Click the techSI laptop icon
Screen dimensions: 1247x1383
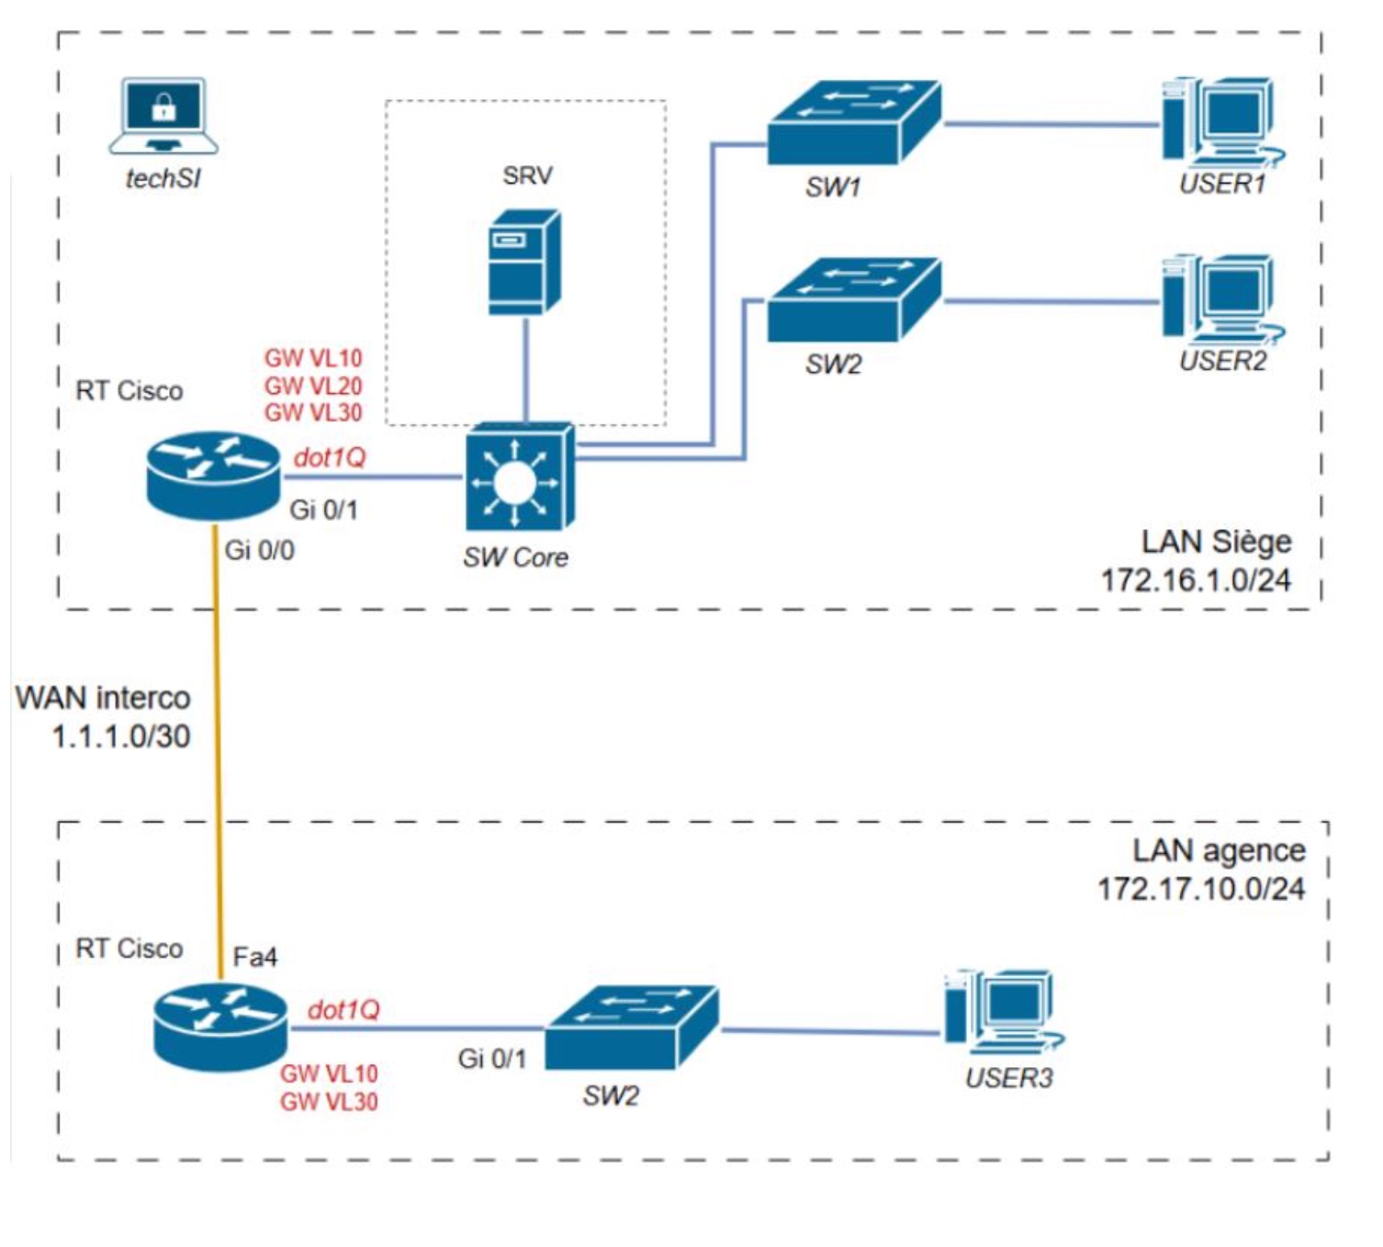coord(163,116)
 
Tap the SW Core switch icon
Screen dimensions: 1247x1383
coord(519,478)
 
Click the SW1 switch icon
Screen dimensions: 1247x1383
coord(853,123)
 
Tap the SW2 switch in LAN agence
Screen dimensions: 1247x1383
coord(632,1028)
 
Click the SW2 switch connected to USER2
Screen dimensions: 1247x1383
coord(853,300)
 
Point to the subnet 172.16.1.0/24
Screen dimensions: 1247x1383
coord(1196,580)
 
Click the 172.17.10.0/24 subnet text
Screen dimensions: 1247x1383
coord(1201,889)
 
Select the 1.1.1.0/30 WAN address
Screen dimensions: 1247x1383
coord(121,736)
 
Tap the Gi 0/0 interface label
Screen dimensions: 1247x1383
coord(260,551)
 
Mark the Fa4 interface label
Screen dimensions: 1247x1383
coord(254,958)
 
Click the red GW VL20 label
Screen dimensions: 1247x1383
coord(313,386)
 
